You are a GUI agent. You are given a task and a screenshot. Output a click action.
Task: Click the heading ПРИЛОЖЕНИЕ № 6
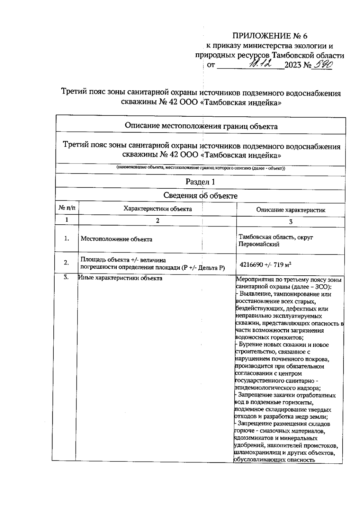[x=270, y=36]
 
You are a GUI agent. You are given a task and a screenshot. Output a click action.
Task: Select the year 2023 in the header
[x=293, y=65]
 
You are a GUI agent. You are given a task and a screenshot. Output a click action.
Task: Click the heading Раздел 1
[x=200, y=182]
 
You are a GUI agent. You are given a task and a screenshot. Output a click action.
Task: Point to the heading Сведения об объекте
[x=200, y=196]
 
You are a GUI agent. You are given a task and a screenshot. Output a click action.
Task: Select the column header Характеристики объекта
[x=157, y=209]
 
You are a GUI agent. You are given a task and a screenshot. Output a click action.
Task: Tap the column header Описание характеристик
[x=290, y=210]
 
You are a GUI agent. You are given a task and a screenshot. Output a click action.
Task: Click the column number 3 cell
[x=290, y=222]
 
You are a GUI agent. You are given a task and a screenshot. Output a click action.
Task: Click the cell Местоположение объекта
[x=116, y=239]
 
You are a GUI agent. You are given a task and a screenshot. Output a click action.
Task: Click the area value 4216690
[x=251, y=265]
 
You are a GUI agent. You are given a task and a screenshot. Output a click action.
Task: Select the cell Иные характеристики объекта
[x=120, y=278]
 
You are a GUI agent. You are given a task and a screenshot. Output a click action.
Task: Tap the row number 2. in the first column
[x=67, y=263]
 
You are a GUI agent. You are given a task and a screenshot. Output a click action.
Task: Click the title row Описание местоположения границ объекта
[x=201, y=126]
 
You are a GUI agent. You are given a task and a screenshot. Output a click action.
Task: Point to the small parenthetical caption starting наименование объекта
[x=201, y=168]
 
